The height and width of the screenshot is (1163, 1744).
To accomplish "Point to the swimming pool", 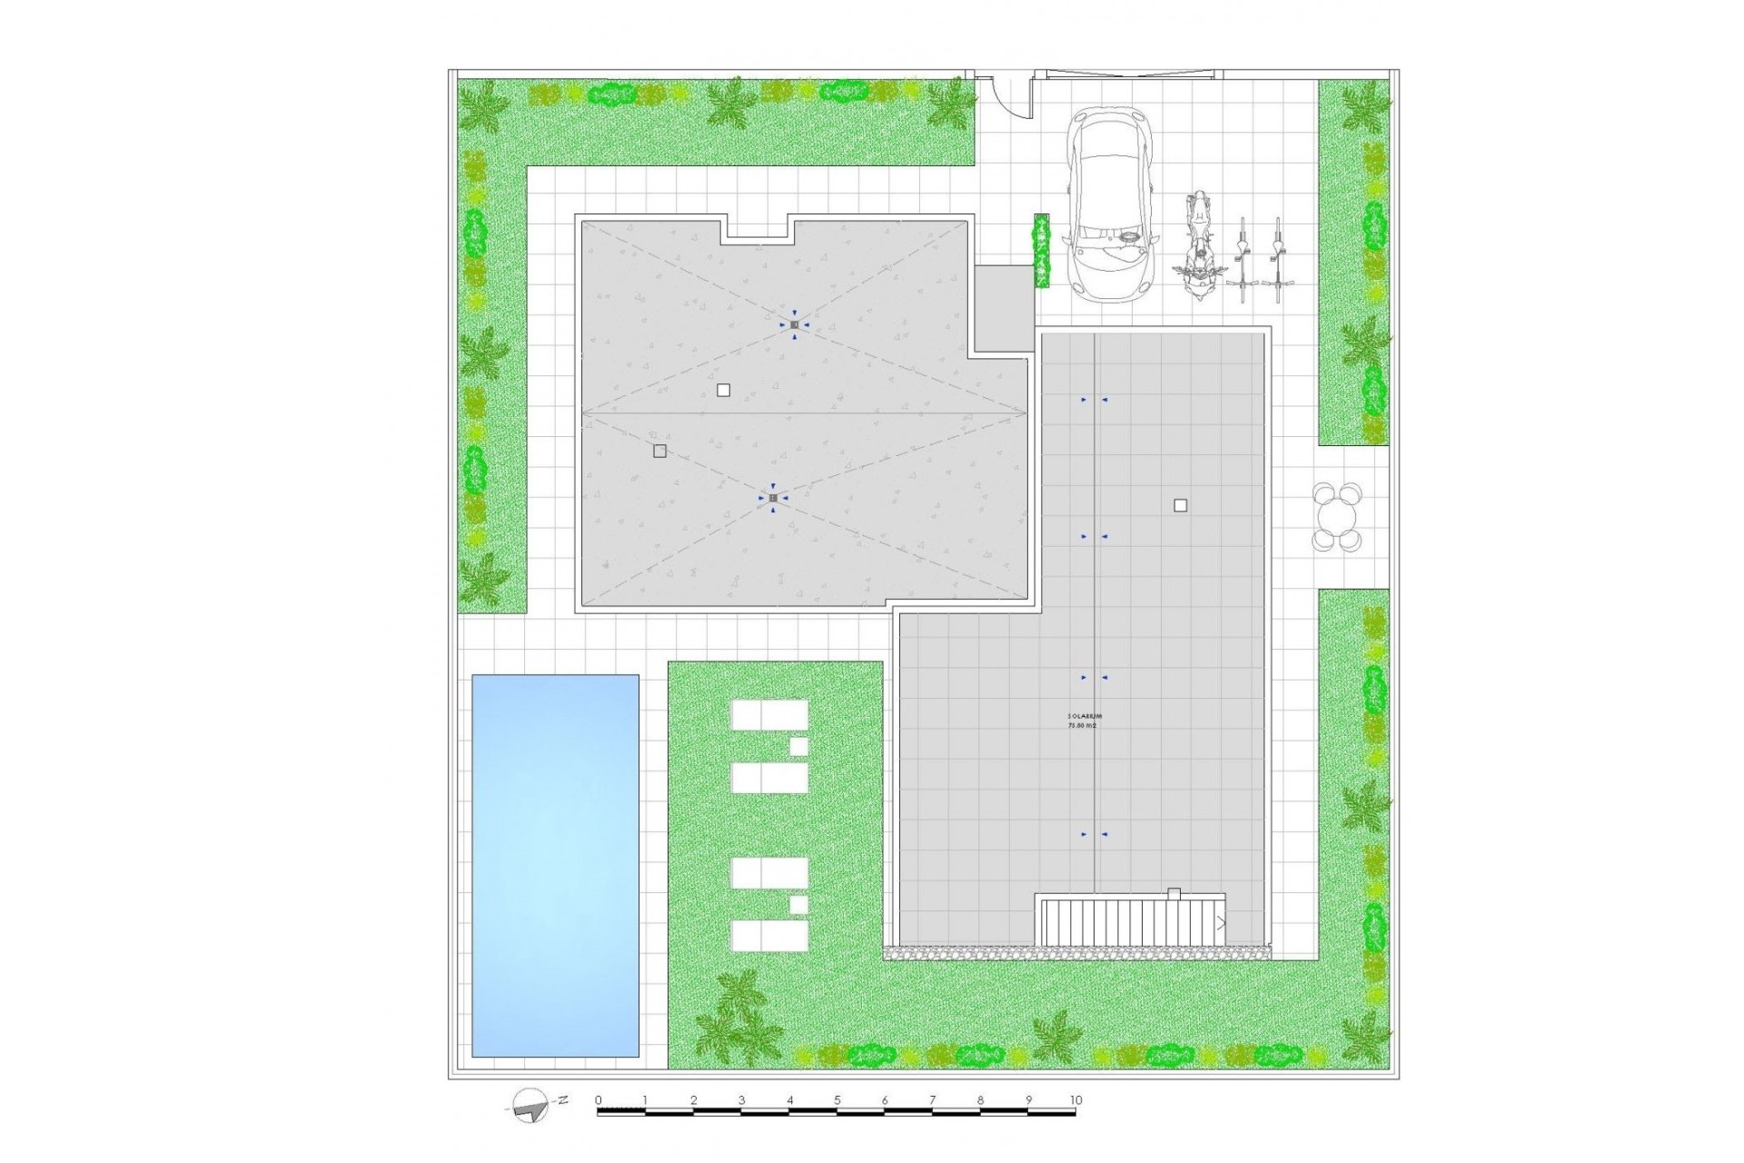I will [x=555, y=865].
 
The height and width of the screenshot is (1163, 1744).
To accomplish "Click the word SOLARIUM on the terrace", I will [x=1085, y=716].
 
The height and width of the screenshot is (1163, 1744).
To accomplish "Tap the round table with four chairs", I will [x=1337, y=516].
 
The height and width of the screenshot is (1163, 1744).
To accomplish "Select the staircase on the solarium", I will [x=1131, y=921].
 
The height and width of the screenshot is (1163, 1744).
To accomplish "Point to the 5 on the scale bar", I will [x=837, y=1100].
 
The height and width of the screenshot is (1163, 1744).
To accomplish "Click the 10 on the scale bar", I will [x=1075, y=1100].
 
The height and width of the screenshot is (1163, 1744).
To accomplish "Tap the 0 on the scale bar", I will [x=599, y=1100].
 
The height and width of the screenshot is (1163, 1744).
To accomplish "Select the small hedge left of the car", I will [x=1042, y=251].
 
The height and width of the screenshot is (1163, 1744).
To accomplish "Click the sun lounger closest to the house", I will [x=769, y=714].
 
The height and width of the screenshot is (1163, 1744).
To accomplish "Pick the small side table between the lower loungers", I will [x=798, y=905].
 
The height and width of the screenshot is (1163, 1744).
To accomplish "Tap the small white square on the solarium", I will [x=1180, y=505].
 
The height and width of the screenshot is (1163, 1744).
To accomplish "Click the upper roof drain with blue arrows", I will [x=794, y=324].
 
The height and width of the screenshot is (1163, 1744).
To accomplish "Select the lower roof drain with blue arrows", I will [x=773, y=498].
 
